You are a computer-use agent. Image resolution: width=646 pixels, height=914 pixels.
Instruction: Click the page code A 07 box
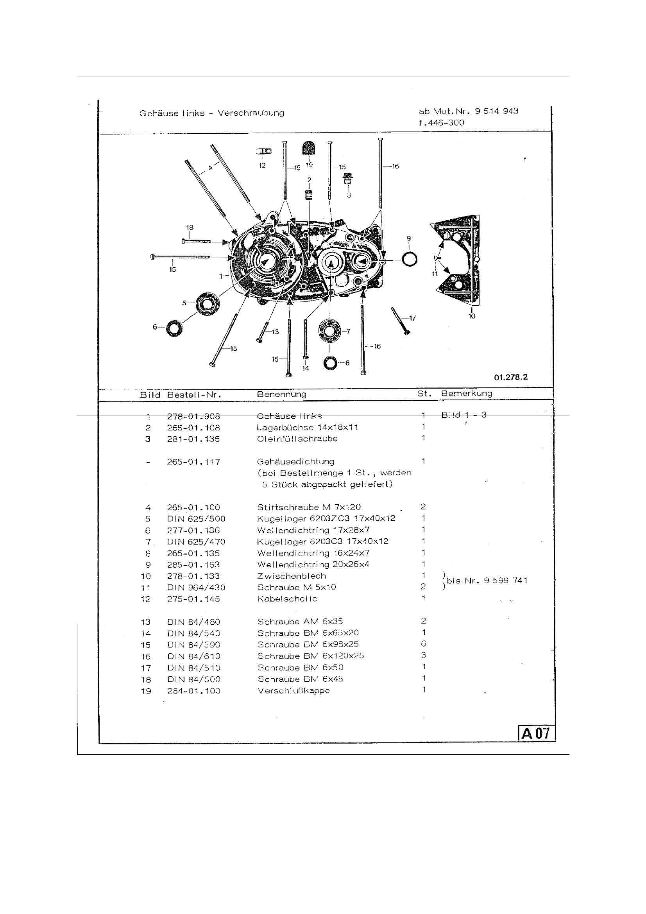(x=537, y=733)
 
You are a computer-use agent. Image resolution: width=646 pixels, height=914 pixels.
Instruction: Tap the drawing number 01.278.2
(x=511, y=377)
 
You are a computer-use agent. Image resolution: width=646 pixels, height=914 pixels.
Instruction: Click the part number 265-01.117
(x=193, y=462)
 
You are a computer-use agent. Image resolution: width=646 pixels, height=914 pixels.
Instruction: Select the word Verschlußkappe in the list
(x=293, y=691)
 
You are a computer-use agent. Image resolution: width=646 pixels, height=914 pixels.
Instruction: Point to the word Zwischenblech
(x=292, y=575)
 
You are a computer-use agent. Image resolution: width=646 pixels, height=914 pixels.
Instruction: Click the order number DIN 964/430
(x=196, y=588)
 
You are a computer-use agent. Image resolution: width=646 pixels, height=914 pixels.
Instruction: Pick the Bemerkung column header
(x=467, y=393)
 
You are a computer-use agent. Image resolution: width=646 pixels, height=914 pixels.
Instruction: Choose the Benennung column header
(x=281, y=394)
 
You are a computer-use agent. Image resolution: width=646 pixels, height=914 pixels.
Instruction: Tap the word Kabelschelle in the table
(x=287, y=599)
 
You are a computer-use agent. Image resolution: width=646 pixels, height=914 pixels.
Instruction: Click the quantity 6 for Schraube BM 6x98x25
(x=424, y=644)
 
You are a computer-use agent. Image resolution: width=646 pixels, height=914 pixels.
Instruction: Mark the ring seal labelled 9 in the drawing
(x=409, y=260)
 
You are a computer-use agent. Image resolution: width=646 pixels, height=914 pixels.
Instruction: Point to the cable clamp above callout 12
(x=264, y=151)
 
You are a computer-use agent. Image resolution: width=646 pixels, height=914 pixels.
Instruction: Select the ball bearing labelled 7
(x=329, y=330)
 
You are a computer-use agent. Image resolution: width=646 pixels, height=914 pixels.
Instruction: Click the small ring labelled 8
(x=330, y=363)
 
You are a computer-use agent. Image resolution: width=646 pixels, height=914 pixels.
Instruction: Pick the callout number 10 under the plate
(x=472, y=316)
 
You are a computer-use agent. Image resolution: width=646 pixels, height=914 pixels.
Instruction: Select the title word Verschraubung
(x=251, y=113)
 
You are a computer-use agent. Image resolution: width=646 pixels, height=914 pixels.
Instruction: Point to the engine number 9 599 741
(x=505, y=581)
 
